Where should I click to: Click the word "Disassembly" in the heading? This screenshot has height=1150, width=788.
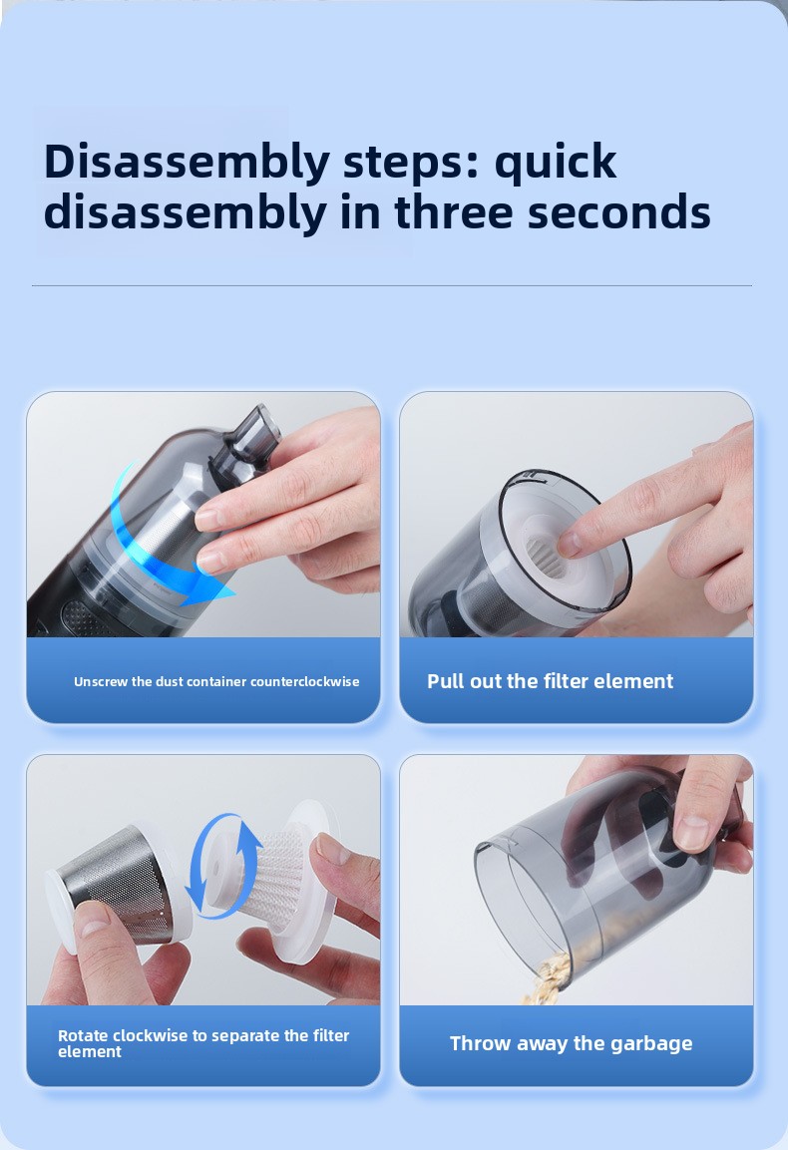187,163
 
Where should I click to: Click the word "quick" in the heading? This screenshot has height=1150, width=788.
555,164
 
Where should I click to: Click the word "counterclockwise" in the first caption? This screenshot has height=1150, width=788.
304,681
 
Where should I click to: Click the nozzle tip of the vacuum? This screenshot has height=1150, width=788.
258,423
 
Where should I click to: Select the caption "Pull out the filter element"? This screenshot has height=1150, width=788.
551,681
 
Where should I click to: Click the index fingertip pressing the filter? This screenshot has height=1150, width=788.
569,544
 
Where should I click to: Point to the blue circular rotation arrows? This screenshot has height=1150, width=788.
223,866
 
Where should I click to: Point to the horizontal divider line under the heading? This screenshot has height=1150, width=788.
392,285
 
